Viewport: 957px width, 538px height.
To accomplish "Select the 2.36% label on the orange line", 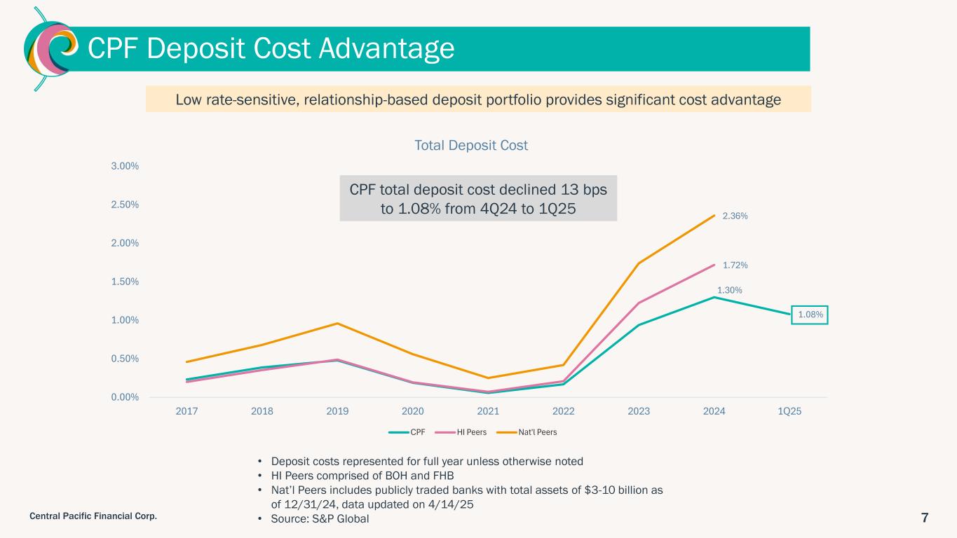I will (735, 216).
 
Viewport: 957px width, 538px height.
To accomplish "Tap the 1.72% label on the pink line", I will (735, 265).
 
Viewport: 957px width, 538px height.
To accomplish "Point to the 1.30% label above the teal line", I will (729, 290).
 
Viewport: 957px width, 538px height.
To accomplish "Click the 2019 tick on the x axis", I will (337, 411).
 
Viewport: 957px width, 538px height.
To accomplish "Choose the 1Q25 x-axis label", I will (790, 411).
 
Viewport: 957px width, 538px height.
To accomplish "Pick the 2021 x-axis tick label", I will (488, 411).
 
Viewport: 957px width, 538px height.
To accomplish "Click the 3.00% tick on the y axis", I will (125, 166).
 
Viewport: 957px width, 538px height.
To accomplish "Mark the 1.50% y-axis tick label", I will (125, 282).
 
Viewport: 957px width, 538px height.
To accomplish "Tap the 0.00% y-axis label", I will (125, 397).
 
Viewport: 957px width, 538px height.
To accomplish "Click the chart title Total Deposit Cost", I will (471, 146).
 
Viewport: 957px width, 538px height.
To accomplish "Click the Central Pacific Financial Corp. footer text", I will (93, 516).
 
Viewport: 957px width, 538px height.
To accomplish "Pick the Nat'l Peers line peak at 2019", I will (337, 323).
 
